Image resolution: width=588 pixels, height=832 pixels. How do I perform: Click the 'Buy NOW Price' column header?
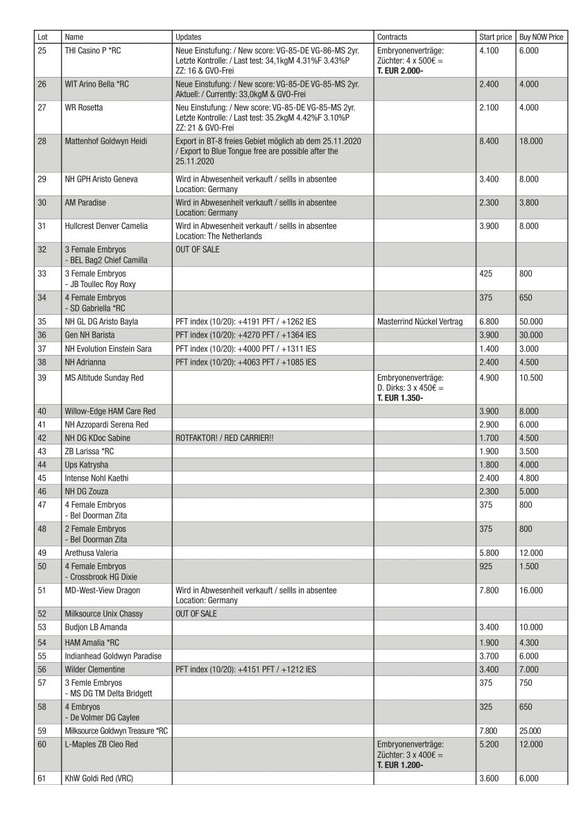541,37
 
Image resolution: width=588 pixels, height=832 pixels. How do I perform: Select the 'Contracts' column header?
392,37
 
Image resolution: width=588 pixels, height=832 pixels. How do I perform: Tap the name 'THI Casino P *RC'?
92,51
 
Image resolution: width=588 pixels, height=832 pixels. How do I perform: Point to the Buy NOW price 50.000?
530,321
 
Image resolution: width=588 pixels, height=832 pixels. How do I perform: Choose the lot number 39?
42,377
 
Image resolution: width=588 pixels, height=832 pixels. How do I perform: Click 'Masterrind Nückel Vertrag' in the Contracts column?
420,321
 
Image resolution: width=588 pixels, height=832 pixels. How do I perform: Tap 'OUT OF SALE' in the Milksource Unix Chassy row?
198,614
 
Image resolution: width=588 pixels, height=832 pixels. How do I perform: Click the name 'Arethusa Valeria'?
92,553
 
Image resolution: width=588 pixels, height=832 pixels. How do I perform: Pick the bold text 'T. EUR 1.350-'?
400,399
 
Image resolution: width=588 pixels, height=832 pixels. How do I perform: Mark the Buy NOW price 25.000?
530,730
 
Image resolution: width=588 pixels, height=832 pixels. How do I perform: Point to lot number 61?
42,779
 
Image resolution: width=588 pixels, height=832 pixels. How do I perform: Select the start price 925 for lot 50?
486,566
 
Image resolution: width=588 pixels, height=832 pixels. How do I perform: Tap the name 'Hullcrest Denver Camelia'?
106,226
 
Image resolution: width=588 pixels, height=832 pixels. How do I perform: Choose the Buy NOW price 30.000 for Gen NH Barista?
530,335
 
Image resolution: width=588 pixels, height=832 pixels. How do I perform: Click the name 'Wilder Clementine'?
95,669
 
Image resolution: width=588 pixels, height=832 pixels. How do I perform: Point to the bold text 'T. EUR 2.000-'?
400,71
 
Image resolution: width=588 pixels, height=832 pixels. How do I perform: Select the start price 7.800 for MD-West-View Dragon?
489,590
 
